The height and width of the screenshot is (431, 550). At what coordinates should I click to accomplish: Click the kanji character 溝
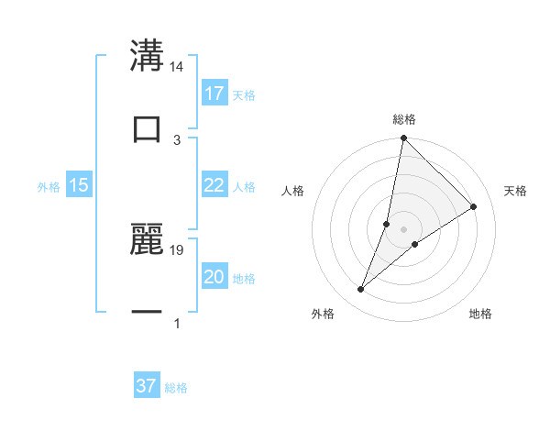pos(147,56)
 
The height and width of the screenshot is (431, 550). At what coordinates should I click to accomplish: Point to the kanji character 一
pos(147,311)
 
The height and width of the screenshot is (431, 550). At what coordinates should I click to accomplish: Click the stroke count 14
pos(177,67)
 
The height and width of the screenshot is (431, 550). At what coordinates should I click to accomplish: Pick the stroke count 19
pos(177,249)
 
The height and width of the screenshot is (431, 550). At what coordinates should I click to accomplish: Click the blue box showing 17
pos(214,94)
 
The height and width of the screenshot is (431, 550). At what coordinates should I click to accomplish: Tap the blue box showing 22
pos(214,185)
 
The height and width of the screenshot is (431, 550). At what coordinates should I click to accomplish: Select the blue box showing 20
pos(214,277)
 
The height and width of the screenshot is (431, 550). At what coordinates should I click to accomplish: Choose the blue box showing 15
pos(79,185)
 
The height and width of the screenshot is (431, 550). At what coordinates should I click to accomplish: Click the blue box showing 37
pos(147,386)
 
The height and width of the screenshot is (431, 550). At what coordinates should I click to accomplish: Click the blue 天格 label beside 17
pos(244,95)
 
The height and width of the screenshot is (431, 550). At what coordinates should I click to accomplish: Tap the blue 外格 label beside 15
pos(49,187)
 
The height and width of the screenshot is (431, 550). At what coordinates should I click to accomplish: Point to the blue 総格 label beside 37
pos(176,388)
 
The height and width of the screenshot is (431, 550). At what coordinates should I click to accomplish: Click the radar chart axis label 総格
pos(404,119)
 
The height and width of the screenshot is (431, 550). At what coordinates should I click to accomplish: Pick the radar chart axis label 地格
pos(480,314)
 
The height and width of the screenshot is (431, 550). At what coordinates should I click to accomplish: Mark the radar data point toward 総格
pos(403,138)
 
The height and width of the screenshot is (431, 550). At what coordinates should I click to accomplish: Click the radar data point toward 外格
pos(360,290)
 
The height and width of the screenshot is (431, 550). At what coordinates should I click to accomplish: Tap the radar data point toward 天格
pos(474,206)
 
